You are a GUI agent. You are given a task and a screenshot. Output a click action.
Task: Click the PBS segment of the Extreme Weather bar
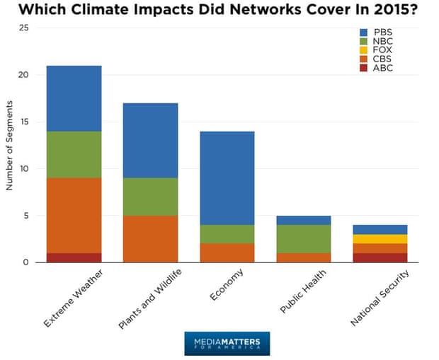tap(74, 98)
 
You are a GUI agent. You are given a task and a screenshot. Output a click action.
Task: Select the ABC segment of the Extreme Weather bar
tap(74, 257)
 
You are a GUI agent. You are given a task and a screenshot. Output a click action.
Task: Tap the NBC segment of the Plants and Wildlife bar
tap(150, 197)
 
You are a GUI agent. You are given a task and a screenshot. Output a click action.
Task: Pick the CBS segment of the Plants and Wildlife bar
tap(150, 239)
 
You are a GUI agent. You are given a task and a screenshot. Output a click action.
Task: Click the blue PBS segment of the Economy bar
tap(227, 178)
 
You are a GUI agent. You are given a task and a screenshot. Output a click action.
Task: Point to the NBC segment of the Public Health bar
tap(303, 239)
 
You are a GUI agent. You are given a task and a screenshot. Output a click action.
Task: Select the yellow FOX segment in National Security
tap(380, 239)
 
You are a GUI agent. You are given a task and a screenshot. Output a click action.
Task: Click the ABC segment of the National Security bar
tap(380, 257)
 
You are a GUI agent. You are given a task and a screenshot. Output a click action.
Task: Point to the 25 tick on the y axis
tap(24, 28)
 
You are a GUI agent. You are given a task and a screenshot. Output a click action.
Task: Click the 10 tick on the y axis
tap(24, 169)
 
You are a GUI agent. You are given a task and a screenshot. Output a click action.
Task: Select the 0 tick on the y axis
tap(26, 262)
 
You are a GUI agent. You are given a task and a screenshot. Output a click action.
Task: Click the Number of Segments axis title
tap(10, 146)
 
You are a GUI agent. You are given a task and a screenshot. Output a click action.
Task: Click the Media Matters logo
tap(227, 343)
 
